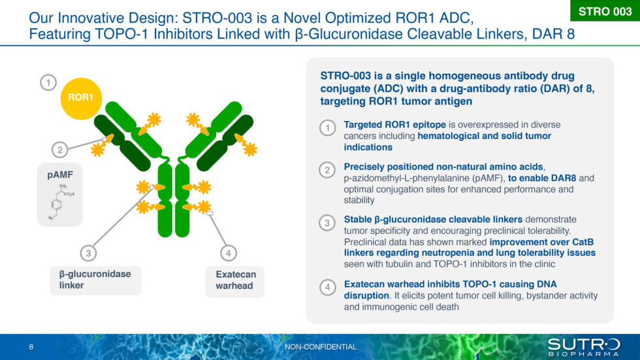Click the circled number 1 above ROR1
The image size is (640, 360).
pyautogui.click(x=48, y=82)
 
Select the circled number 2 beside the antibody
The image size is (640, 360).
pyautogui.click(x=59, y=150)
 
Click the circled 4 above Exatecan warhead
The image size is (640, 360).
pyautogui.click(x=227, y=253)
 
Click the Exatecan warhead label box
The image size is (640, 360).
pyautogui.click(x=235, y=280)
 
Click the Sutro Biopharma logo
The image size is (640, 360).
pyautogui.click(x=583, y=347)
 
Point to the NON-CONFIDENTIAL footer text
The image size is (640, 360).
pyautogui.click(x=321, y=347)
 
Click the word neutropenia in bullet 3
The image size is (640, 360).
pyautogui.click(x=445, y=253)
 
